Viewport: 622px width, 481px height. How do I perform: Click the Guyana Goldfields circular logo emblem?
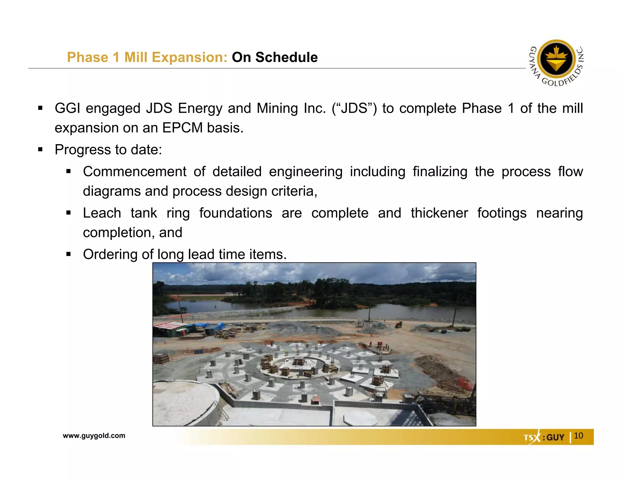pyautogui.click(x=556, y=59)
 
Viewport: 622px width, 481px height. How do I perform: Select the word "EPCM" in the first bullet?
pyautogui.click(x=182, y=128)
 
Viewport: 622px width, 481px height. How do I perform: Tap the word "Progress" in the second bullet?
pyautogui.click(x=83, y=150)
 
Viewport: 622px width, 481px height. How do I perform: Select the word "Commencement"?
pyautogui.click(x=135, y=171)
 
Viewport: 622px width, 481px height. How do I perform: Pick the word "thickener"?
pyautogui.click(x=439, y=213)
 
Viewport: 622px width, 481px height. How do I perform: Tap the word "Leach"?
pyautogui.click(x=102, y=213)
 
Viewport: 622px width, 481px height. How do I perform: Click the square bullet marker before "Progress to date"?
pyautogui.click(x=40, y=150)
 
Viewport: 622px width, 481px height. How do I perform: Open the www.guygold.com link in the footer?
pyautogui.click(x=94, y=435)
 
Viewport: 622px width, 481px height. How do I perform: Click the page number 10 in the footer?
pyautogui.click(x=578, y=435)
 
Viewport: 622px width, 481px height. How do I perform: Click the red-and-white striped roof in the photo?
pyautogui.click(x=169, y=326)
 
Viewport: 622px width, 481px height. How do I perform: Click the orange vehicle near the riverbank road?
pyautogui.click(x=398, y=325)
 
